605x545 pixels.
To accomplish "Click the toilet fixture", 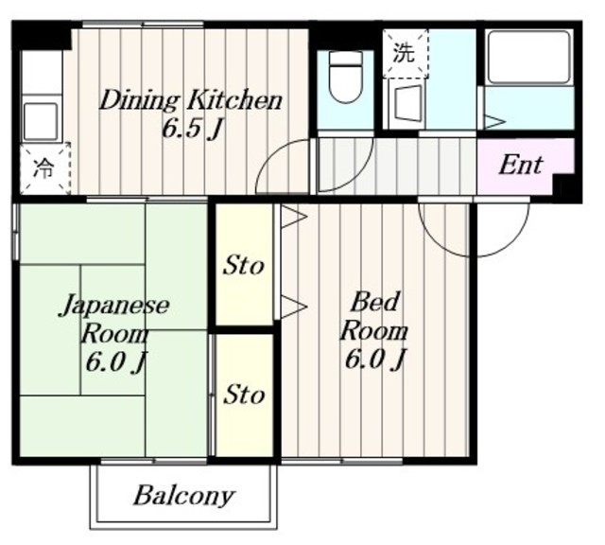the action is pos(346,78).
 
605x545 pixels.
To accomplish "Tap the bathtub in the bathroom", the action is pos(529,58).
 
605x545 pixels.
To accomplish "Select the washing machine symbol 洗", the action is pos(404,53).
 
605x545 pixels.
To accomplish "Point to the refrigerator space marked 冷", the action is pos(44,168).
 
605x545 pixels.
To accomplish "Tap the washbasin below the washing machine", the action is pos(405,105).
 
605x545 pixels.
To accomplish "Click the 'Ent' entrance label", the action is pos(520,166).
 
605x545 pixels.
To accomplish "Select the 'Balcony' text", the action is pos(184,496).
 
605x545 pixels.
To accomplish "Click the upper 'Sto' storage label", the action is pos(244,266).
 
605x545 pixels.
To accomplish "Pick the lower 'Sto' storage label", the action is pos(244,395).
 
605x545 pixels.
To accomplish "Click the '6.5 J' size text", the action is pos(192,129).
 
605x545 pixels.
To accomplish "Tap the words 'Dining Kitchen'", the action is pos(191,100).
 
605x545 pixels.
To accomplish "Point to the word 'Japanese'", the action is pos(114,306).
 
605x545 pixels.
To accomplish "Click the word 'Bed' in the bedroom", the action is pos(374,302).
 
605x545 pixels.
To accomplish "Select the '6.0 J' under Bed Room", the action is pos(374,360).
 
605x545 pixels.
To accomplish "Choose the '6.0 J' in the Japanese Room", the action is pos(115,362).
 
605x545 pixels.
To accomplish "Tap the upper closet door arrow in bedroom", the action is pos(294,217).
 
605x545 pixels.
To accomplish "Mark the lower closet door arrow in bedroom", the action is pos(294,308).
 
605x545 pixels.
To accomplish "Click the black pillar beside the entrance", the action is pos(565,188).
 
